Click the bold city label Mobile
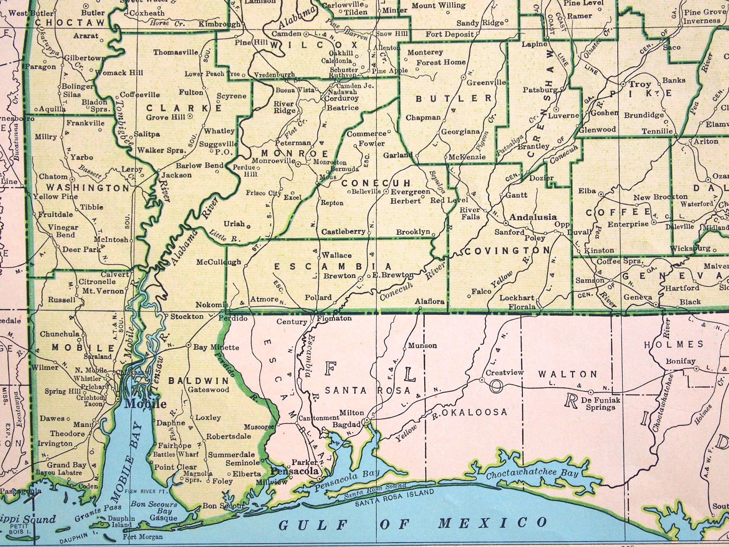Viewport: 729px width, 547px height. click(145, 404)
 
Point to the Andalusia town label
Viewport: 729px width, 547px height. click(533, 217)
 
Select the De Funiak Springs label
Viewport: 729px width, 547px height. click(600, 403)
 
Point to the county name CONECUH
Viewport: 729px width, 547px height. click(376, 183)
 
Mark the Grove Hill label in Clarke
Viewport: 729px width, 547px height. click(166, 117)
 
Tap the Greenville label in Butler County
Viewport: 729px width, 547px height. click(486, 83)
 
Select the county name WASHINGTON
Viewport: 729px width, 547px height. click(88, 188)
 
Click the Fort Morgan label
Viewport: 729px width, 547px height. click(142, 537)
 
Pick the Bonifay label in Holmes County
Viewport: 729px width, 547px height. click(680, 361)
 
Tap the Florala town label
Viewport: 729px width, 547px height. click(521, 307)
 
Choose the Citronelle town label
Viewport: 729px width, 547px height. click(97, 282)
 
